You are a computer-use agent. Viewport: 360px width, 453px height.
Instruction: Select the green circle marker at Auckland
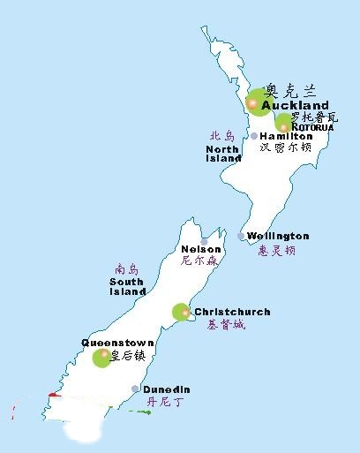[256, 102]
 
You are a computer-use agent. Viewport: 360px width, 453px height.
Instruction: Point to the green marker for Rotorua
[284, 123]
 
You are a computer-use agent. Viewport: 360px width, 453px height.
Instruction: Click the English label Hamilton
[286, 137]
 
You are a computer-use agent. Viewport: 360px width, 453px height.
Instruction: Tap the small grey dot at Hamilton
[254, 136]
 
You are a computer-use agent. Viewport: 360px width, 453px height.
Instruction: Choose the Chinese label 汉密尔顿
[286, 148]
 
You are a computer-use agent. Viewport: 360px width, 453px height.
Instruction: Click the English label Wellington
[278, 236]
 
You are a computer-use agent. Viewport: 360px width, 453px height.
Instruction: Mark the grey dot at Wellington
[242, 236]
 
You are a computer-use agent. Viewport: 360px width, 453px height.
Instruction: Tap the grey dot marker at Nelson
[204, 241]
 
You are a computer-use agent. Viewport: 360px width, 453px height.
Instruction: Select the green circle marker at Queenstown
[102, 358]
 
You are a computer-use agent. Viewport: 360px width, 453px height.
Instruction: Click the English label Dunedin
[167, 389]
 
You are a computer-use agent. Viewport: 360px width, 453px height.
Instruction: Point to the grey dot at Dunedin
[135, 389]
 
